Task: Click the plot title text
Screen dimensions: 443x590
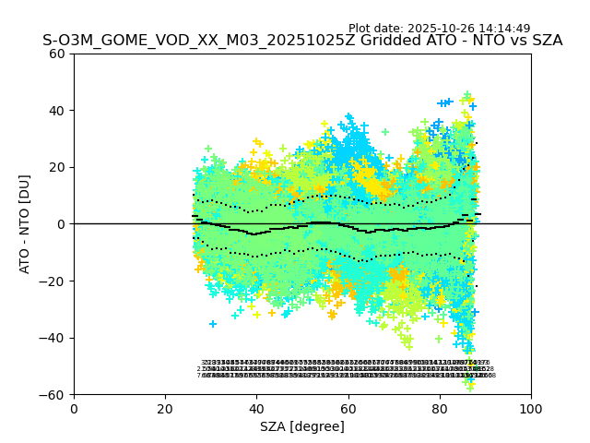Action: (x=302, y=41)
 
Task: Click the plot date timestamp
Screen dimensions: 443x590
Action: (x=452, y=29)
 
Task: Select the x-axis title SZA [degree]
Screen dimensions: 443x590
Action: (x=302, y=426)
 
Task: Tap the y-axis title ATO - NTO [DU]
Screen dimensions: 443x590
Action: (x=26, y=224)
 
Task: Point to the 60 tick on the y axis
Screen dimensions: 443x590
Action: (x=57, y=54)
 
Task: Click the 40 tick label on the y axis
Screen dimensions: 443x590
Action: (x=57, y=111)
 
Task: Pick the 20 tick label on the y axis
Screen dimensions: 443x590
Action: (x=57, y=167)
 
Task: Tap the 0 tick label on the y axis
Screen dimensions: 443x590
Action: (x=61, y=224)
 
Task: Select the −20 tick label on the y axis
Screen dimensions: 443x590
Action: (x=53, y=281)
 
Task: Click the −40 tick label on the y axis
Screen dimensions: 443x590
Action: (x=53, y=338)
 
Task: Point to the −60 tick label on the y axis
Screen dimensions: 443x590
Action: (x=53, y=395)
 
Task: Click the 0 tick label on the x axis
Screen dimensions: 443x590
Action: (x=74, y=408)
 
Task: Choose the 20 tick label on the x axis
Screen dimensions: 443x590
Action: (x=165, y=408)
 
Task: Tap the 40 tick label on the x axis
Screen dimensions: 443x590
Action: (x=256, y=408)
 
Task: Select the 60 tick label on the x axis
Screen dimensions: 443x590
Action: (x=348, y=408)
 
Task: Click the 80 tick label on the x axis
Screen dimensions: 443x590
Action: (x=440, y=408)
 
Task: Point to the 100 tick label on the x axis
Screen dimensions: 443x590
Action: (x=531, y=408)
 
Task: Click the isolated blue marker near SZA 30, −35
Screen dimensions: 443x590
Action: (x=213, y=324)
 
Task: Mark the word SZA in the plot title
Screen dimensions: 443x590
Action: (x=545, y=41)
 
